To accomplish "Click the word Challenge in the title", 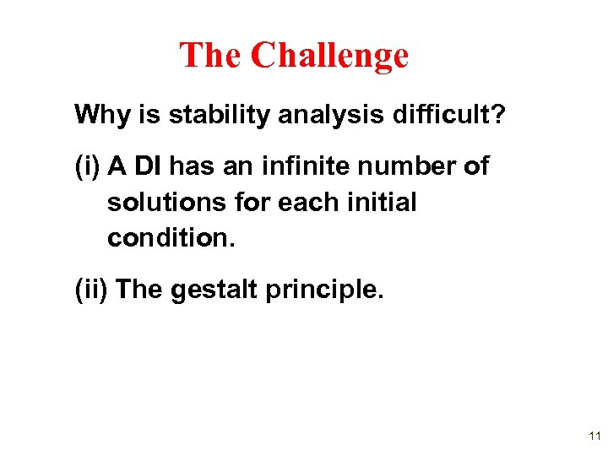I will [329, 56].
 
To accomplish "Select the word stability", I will [206, 115].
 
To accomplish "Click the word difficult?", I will [444, 115].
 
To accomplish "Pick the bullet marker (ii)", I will [90, 290].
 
